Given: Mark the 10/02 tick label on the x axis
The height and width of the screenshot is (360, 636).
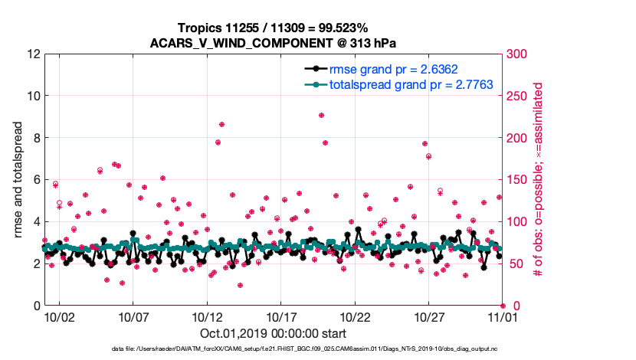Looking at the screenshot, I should [x=59, y=316].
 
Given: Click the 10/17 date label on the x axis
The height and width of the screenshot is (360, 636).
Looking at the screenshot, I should [x=280, y=316].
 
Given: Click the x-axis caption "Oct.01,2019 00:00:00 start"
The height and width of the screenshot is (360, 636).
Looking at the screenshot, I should [x=273, y=332].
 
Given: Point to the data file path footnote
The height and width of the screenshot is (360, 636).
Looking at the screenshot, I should [x=305, y=349].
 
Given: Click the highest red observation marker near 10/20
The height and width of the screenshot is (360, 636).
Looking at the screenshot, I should [x=322, y=115].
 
